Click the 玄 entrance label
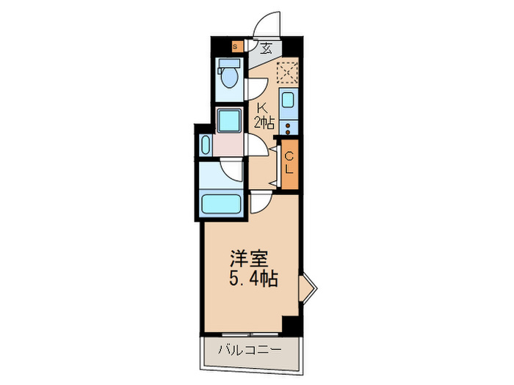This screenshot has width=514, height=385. [x=267, y=50]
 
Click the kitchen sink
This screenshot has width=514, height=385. [x=288, y=101]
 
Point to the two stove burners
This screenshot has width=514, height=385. [x=288, y=125]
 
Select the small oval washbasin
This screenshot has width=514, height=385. [x=205, y=144]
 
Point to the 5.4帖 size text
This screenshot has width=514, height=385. [x=252, y=279]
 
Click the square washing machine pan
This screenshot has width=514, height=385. [x=229, y=120]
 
